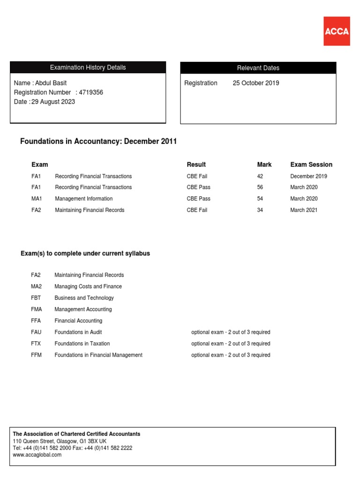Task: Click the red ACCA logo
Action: coord(337,31)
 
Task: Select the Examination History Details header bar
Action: coord(88,67)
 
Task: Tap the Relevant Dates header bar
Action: coord(258,68)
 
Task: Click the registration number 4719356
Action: coord(91,92)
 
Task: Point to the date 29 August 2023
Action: coord(53,102)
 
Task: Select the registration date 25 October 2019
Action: coord(256,83)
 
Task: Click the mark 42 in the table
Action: coord(260,176)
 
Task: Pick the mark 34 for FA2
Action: coord(260,210)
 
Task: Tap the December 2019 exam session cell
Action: coord(308,176)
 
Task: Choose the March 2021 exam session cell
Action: coord(304,210)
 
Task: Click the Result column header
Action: coord(196,165)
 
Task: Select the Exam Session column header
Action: coord(311,165)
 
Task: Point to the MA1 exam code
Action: coord(37,199)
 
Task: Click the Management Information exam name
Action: coord(84,199)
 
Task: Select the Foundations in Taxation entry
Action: coord(82,344)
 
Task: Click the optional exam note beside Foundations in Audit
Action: coord(231,332)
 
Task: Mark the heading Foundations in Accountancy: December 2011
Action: coord(98,142)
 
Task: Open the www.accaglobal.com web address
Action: coord(37,455)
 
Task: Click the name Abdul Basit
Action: coord(52,83)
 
